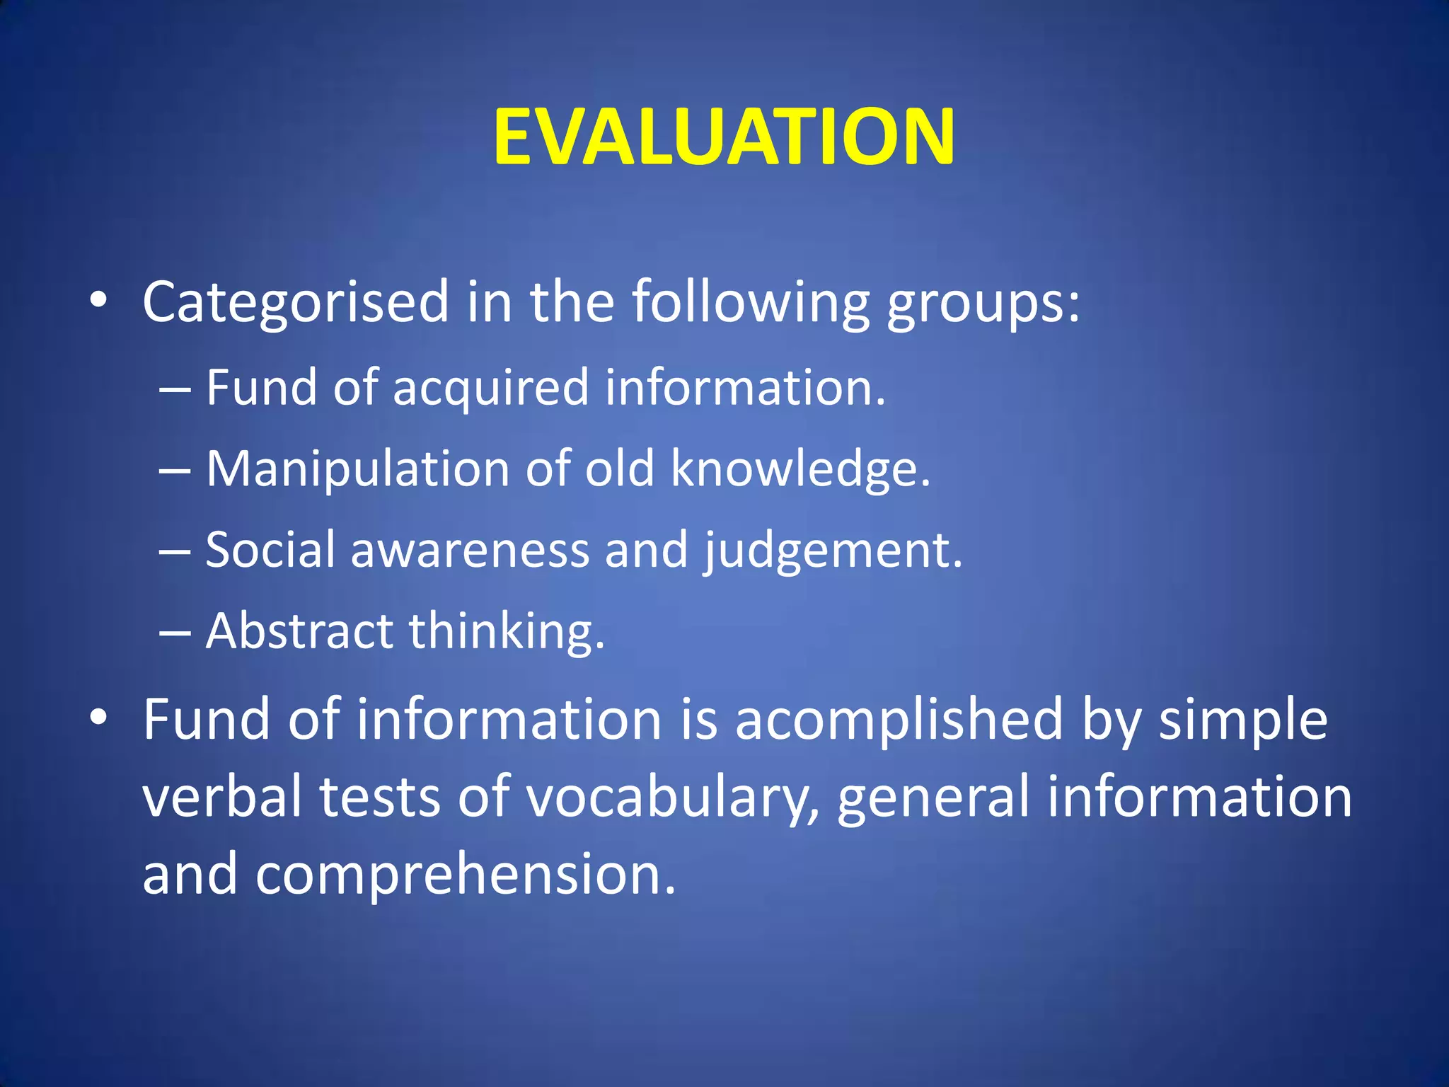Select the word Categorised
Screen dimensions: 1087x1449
point(296,302)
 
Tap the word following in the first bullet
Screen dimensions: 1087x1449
point(750,302)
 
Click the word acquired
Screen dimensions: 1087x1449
point(490,389)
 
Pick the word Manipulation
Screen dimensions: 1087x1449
point(358,470)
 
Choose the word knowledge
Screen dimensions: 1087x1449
point(800,468)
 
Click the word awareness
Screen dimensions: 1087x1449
point(470,551)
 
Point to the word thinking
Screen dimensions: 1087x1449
point(507,632)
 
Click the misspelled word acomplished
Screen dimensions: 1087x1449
point(899,720)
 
